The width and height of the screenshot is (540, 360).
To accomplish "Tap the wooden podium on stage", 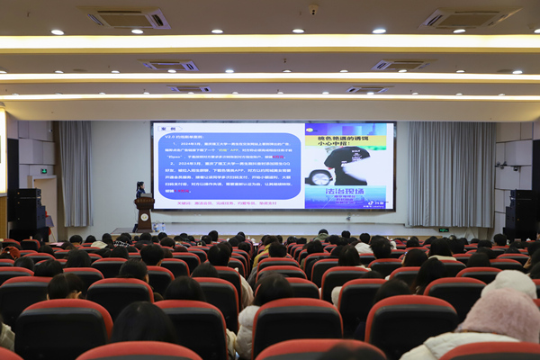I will tap(144, 214).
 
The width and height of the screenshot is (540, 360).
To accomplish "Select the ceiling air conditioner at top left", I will tap(128, 18).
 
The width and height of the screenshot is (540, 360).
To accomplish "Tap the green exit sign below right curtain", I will tap(444, 229).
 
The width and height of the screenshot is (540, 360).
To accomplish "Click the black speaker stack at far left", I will tap(25, 212).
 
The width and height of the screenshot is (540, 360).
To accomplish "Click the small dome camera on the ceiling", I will tap(313, 10).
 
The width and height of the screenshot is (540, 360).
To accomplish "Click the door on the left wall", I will tap(47, 202).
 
